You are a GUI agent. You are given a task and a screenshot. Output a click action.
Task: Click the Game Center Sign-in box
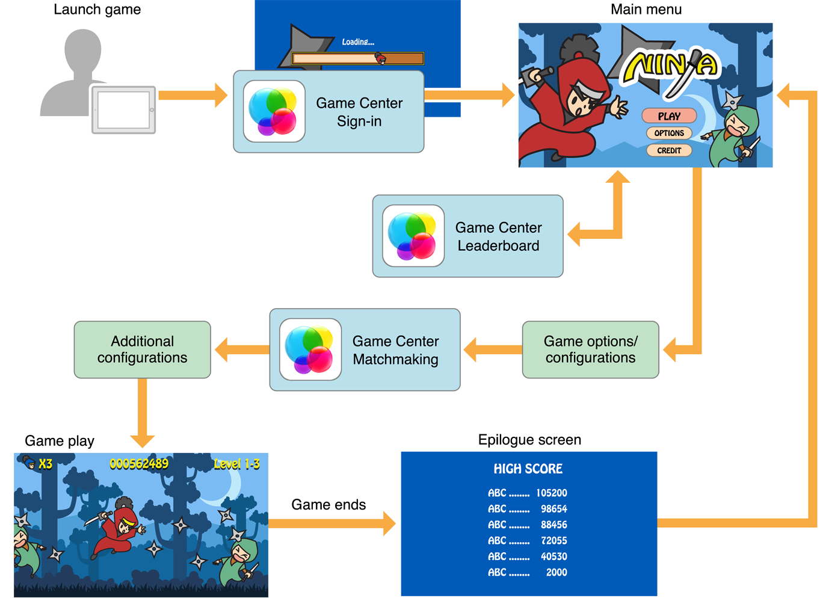(328, 112)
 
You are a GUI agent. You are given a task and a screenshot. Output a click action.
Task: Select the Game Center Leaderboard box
(467, 236)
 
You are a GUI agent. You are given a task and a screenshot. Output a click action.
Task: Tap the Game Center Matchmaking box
(365, 350)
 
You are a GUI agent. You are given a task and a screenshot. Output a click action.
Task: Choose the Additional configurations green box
(143, 350)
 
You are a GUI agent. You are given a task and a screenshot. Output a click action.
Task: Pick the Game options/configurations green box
(590, 350)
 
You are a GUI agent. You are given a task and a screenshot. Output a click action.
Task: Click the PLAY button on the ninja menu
(669, 116)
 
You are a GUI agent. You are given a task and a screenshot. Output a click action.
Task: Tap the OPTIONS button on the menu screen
(669, 133)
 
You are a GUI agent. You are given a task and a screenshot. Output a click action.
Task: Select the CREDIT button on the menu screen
(669, 150)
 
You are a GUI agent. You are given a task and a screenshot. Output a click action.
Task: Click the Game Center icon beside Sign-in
(274, 111)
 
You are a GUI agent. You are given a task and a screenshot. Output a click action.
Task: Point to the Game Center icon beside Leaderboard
(413, 236)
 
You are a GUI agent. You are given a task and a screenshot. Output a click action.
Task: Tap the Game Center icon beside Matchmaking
(310, 350)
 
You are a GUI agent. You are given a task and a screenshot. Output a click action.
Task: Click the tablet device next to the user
(124, 110)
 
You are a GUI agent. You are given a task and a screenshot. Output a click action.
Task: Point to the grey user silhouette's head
(83, 51)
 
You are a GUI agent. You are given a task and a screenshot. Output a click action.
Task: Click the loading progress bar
(358, 58)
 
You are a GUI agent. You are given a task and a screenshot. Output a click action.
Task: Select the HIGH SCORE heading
(528, 469)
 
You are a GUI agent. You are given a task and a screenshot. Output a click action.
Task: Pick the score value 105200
(552, 493)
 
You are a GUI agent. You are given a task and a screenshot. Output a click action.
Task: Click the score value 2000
(556, 573)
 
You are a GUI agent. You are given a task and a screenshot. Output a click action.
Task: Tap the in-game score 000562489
(139, 464)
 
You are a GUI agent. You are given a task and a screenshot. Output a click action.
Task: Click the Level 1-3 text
(237, 464)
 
